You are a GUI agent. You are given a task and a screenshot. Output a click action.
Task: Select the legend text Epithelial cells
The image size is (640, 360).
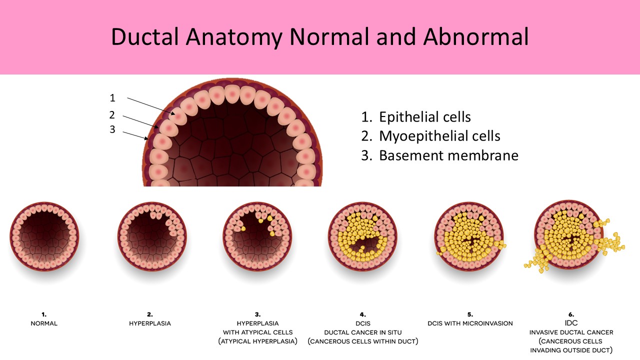click(x=424, y=117)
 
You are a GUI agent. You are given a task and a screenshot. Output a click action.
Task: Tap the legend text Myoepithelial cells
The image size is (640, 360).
click(x=439, y=136)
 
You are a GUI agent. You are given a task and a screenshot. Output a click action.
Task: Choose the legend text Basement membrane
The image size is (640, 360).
click(x=448, y=155)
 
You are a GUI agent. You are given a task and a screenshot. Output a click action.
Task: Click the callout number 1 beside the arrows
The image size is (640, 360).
click(x=112, y=98)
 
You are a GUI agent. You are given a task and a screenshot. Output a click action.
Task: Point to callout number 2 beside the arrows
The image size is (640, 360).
click(x=112, y=115)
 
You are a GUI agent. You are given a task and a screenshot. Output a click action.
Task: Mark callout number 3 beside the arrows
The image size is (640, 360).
click(x=112, y=129)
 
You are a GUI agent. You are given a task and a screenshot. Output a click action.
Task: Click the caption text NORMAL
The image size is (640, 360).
click(x=44, y=323)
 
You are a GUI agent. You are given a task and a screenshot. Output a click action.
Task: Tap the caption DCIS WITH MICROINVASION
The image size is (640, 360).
click(x=470, y=323)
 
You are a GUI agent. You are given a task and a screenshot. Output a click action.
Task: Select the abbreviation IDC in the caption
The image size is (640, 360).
click(x=571, y=323)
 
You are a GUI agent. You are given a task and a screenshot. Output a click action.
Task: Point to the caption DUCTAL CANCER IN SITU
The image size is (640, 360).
click(x=363, y=332)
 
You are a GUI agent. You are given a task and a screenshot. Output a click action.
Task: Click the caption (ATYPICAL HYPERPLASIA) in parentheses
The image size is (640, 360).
click(x=257, y=341)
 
